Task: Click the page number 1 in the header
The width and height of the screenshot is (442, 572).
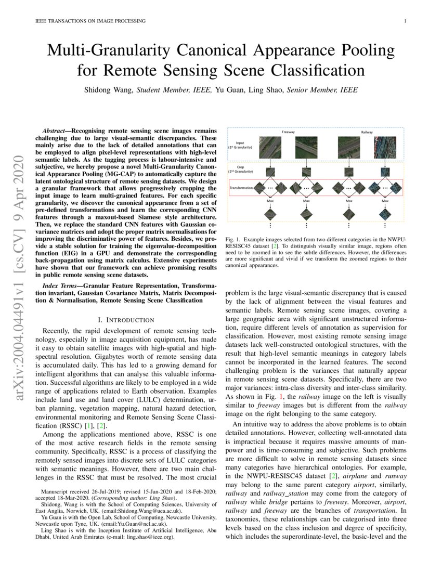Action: pyautogui.click(x=404, y=21)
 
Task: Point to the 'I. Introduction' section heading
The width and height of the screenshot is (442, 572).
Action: pyautogui.click(x=126, y=319)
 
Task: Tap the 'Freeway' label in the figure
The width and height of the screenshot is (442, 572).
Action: pyautogui.click(x=288, y=132)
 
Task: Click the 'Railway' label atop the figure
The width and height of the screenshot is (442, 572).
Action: pyautogui.click(x=368, y=132)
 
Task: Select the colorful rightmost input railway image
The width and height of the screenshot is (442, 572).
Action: pyautogui.click(x=386, y=147)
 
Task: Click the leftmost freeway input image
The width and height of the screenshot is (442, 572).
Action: pyautogui.click(x=270, y=147)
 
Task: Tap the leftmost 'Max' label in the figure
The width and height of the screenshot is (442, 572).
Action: pyautogui.click(x=270, y=200)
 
